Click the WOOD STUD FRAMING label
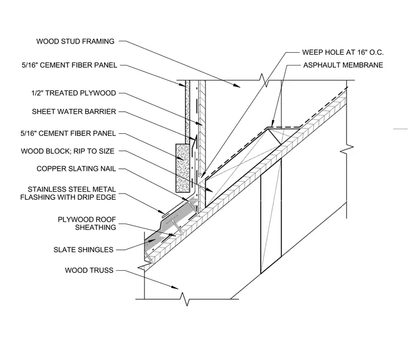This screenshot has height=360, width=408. pyautogui.click(x=75, y=41)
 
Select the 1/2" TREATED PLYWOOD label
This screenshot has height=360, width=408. pyautogui.click(x=74, y=93)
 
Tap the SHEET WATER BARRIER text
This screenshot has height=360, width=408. pyautogui.click(x=74, y=111)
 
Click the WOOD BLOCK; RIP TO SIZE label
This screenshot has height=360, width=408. pyautogui.click(x=68, y=151)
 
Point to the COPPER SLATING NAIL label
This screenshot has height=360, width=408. pyautogui.click(x=76, y=169)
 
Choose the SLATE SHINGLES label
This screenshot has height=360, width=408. pyautogui.click(x=84, y=249)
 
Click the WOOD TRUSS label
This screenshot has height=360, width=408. pyautogui.click(x=89, y=270)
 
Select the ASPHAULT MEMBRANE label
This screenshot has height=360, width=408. pyautogui.click(x=343, y=65)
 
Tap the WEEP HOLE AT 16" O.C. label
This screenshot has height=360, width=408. pyautogui.click(x=343, y=52)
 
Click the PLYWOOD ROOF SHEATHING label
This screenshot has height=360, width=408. pyautogui.click(x=87, y=224)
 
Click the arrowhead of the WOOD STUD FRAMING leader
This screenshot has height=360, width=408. pyautogui.click(x=237, y=85)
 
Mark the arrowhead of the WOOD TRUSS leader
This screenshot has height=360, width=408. pyautogui.click(x=175, y=287)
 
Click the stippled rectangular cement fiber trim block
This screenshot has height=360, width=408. pyautogui.click(x=183, y=168)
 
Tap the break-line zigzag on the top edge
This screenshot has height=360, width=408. pyautogui.click(x=264, y=80)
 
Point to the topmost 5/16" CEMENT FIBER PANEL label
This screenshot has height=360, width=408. pyautogui.click(x=69, y=65)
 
